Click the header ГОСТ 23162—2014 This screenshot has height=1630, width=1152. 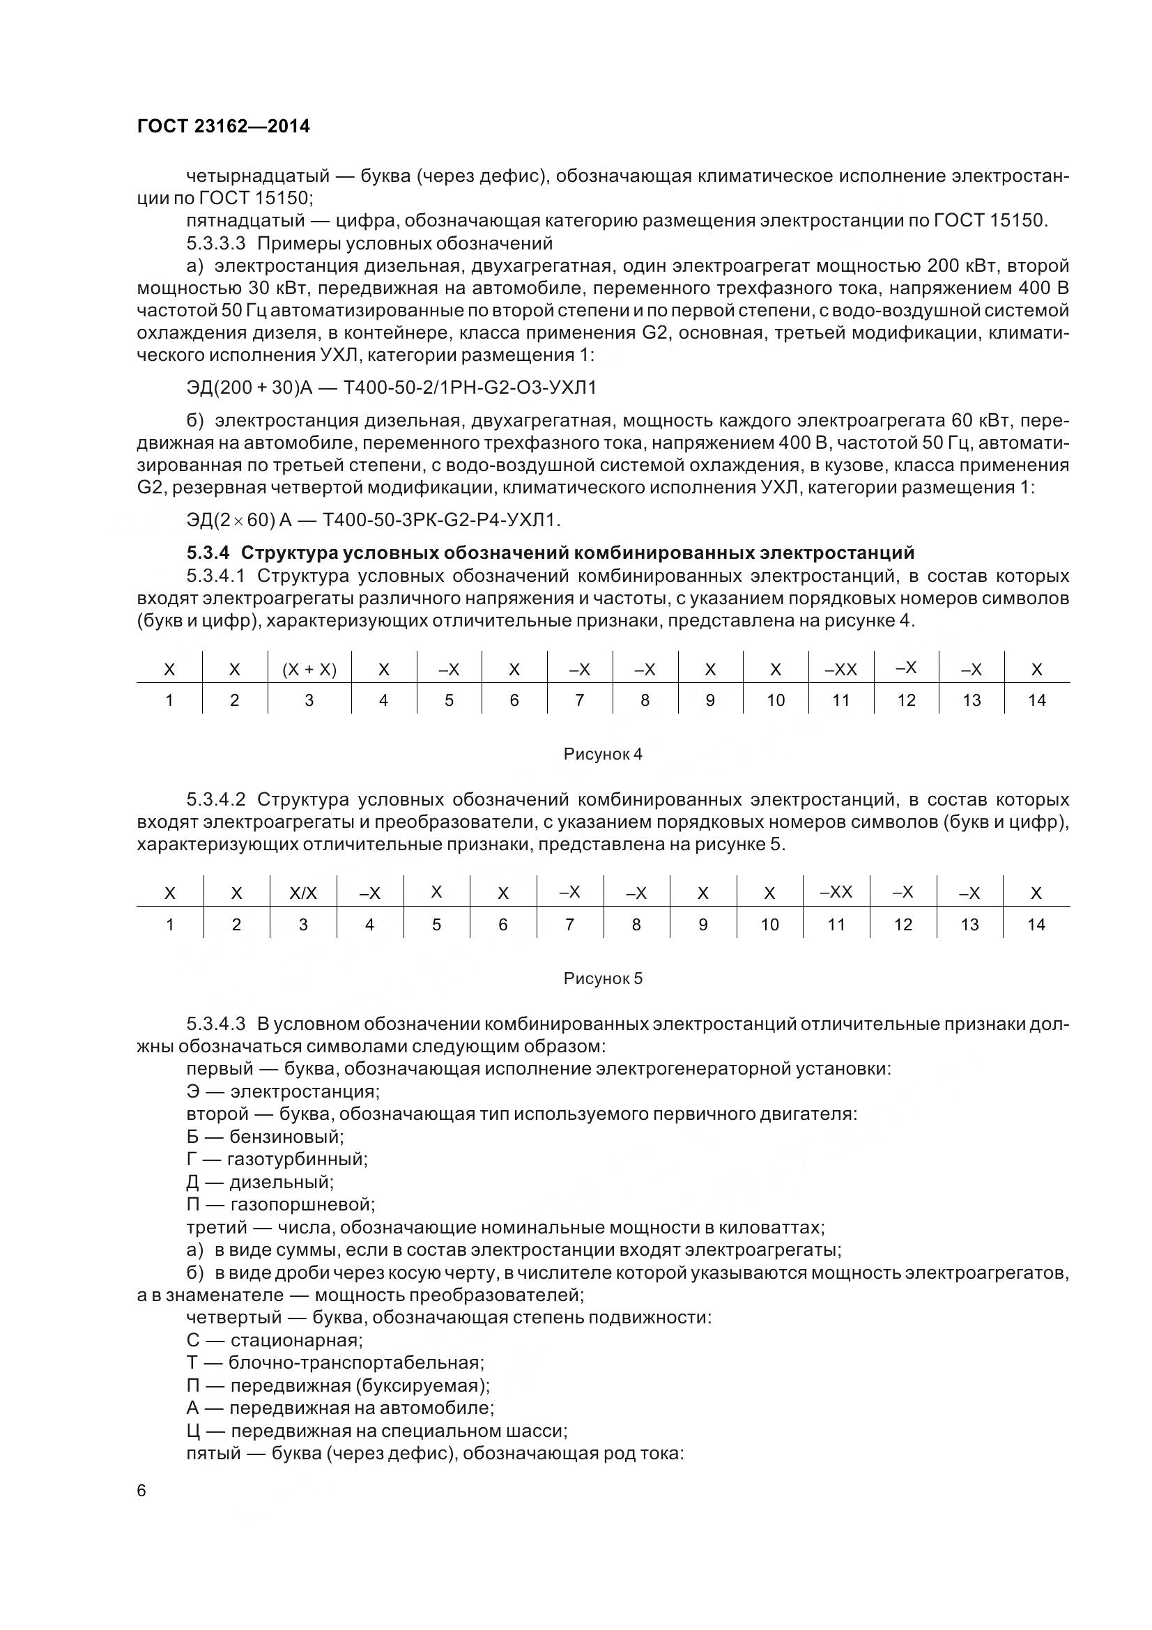223,126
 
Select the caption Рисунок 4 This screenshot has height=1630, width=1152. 603,754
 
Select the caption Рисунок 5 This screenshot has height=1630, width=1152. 603,978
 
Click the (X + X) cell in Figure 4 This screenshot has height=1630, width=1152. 309,670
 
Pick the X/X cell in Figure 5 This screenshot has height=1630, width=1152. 303,894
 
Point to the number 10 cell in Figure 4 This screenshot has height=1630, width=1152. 775,700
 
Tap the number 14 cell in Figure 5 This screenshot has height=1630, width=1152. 1036,924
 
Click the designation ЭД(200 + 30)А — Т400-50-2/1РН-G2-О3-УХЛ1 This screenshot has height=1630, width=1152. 391,387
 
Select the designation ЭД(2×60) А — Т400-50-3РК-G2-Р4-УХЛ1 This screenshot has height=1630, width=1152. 374,521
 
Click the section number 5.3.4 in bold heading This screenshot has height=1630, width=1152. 208,553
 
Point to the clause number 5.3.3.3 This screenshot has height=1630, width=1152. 216,243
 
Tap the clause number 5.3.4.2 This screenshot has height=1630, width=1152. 216,799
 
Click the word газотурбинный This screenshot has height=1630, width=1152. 297,1160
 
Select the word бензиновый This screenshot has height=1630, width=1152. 286,1137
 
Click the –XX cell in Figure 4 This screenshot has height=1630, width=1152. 840,670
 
